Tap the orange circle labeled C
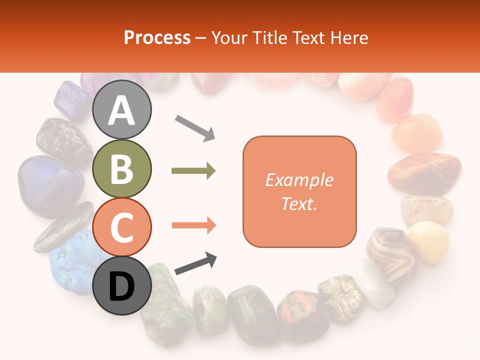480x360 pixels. click(121, 227)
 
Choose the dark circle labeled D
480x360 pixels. click(121, 285)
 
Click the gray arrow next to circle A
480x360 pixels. click(195, 127)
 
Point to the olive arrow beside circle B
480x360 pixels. click(193, 171)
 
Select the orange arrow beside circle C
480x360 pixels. click(193, 225)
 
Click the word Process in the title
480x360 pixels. click(157, 37)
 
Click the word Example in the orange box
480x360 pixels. click(299, 180)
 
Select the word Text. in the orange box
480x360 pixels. click(299, 203)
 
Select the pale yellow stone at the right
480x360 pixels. click(429, 241)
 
